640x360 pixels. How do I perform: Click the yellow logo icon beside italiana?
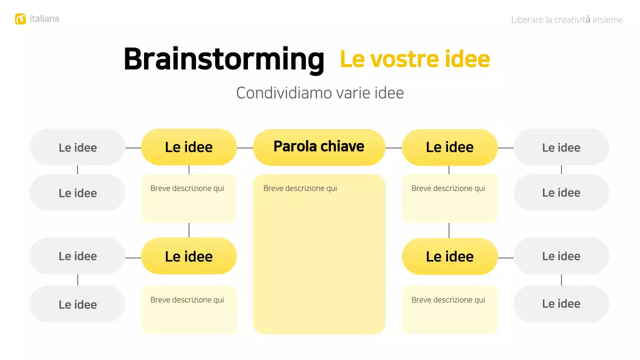click(20, 19)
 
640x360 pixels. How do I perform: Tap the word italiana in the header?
click(44, 19)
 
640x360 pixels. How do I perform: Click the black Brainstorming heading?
click(223, 59)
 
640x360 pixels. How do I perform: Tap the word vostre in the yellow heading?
click(398, 59)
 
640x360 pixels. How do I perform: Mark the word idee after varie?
click(389, 93)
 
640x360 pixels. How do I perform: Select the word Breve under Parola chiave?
click(273, 188)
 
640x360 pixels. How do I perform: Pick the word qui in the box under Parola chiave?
click(331, 188)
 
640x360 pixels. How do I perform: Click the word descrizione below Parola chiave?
click(304, 188)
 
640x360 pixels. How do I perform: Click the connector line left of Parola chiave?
click(245, 148)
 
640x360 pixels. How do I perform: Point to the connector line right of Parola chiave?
click(393, 148)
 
